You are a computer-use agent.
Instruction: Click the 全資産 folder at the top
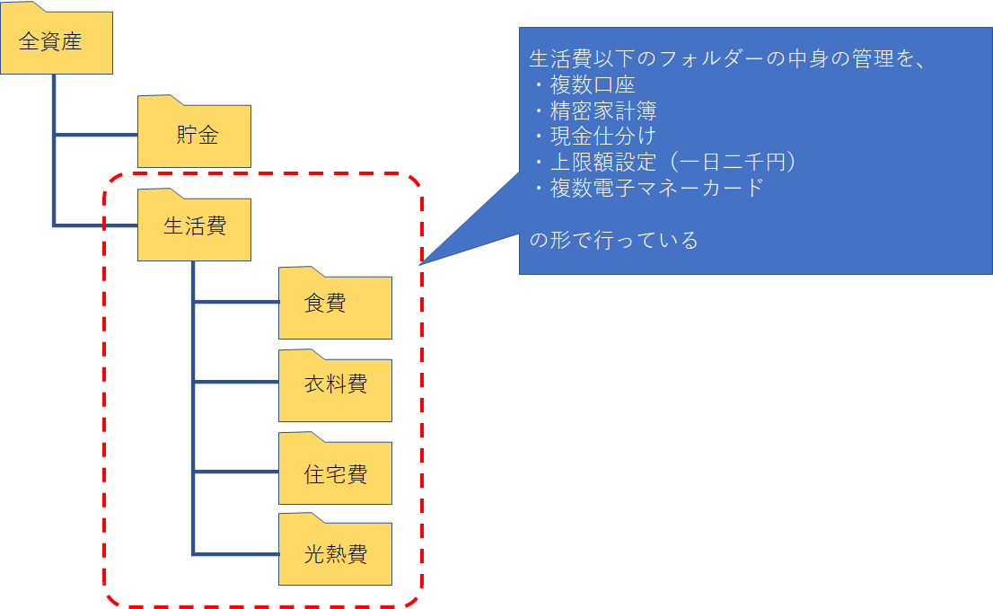click(57, 41)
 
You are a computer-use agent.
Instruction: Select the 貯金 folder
click(194, 135)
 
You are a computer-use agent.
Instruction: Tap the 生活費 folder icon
click(194, 225)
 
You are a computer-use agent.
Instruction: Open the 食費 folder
click(335, 304)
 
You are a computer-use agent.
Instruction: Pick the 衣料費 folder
click(335, 385)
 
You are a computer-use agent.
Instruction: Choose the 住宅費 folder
click(335, 473)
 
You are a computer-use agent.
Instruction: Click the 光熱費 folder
click(335, 553)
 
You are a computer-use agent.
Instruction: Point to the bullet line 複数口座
click(592, 86)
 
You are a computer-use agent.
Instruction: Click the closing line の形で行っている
click(614, 241)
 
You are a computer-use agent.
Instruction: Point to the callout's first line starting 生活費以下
click(728, 61)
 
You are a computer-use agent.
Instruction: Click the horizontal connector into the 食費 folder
click(236, 302)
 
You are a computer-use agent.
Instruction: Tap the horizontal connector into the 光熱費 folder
click(236, 553)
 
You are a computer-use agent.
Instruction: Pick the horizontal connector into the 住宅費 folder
click(236, 472)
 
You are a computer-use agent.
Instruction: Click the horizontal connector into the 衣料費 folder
click(236, 383)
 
